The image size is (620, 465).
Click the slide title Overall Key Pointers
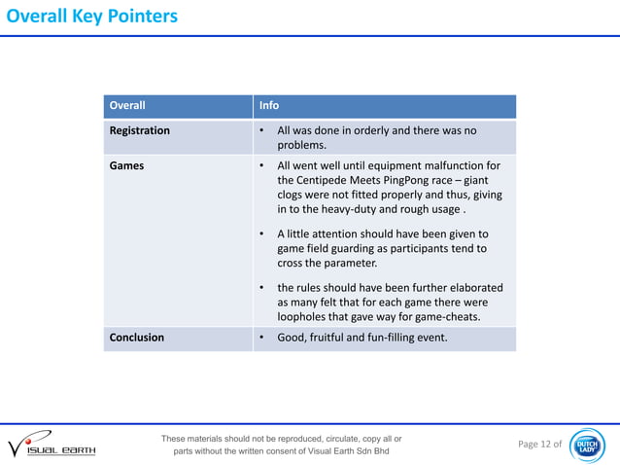pyautogui.click(x=89, y=17)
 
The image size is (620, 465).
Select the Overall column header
pyautogui.click(x=127, y=106)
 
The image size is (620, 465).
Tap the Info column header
pyautogui.click(x=269, y=106)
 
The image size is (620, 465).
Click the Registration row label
pyautogui.click(x=140, y=130)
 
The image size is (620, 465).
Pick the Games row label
pyautogui.click(x=127, y=165)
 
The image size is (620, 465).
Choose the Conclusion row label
pyautogui.click(x=137, y=338)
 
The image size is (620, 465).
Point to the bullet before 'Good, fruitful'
pyautogui.click(x=263, y=338)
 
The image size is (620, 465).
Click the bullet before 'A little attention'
pyautogui.click(x=263, y=234)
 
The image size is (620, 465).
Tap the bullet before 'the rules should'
pyautogui.click(x=263, y=288)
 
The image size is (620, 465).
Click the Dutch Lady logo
pyautogui.click(x=589, y=445)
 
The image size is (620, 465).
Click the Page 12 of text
pyautogui.click(x=539, y=445)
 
